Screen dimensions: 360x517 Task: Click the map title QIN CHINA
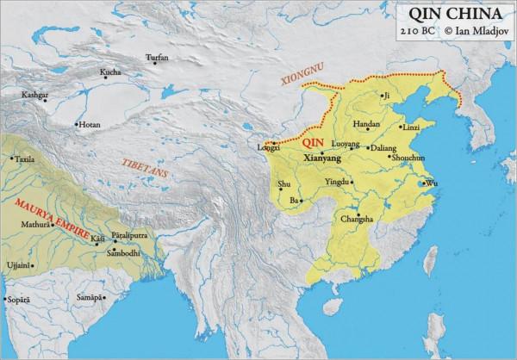pos(452,15)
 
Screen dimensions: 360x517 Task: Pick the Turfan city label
pos(157,57)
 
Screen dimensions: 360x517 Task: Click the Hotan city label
pos(90,125)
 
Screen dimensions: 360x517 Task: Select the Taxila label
pos(25,159)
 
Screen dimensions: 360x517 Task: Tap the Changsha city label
pos(358,220)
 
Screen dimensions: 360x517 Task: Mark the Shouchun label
pos(408,159)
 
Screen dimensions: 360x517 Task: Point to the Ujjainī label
pos(17,264)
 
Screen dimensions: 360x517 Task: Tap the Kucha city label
pos(110,71)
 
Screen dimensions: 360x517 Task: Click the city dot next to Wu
pos(422,183)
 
